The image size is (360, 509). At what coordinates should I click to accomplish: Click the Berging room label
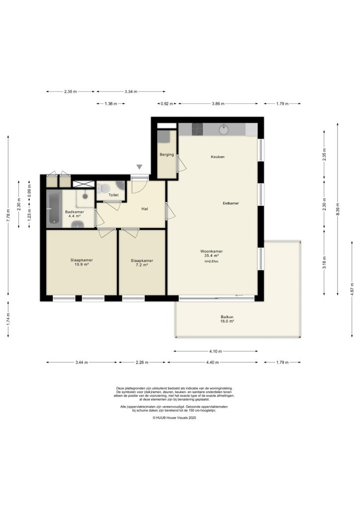[x=167, y=155]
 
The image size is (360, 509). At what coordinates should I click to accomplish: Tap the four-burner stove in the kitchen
[x=197, y=129]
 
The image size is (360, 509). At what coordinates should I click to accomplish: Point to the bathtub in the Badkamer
[x=53, y=209]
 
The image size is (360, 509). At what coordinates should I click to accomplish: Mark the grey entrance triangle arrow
[x=140, y=168]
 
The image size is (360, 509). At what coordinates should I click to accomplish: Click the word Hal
[x=145, y=209]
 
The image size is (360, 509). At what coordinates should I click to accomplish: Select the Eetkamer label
[x=231, y=203]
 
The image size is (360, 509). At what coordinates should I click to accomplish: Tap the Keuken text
[x=217, y=157]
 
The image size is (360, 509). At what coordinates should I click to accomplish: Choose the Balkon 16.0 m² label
[x=227, y=319]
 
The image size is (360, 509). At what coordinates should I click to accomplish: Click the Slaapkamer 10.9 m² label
[x=82, y=262]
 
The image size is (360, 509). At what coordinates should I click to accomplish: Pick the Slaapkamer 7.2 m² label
[x=142, y=262]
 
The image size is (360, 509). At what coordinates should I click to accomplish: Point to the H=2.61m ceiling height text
[x=211, y=261]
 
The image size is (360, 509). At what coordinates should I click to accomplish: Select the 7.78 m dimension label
[x=8, y=214]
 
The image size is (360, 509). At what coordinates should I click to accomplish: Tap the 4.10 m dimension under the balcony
[x=216, y=351]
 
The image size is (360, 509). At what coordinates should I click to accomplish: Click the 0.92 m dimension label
[x=166, y=104]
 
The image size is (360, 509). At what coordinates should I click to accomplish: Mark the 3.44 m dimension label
[x=82, y=362]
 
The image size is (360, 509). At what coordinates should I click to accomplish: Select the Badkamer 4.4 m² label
[x=74, y=214]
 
